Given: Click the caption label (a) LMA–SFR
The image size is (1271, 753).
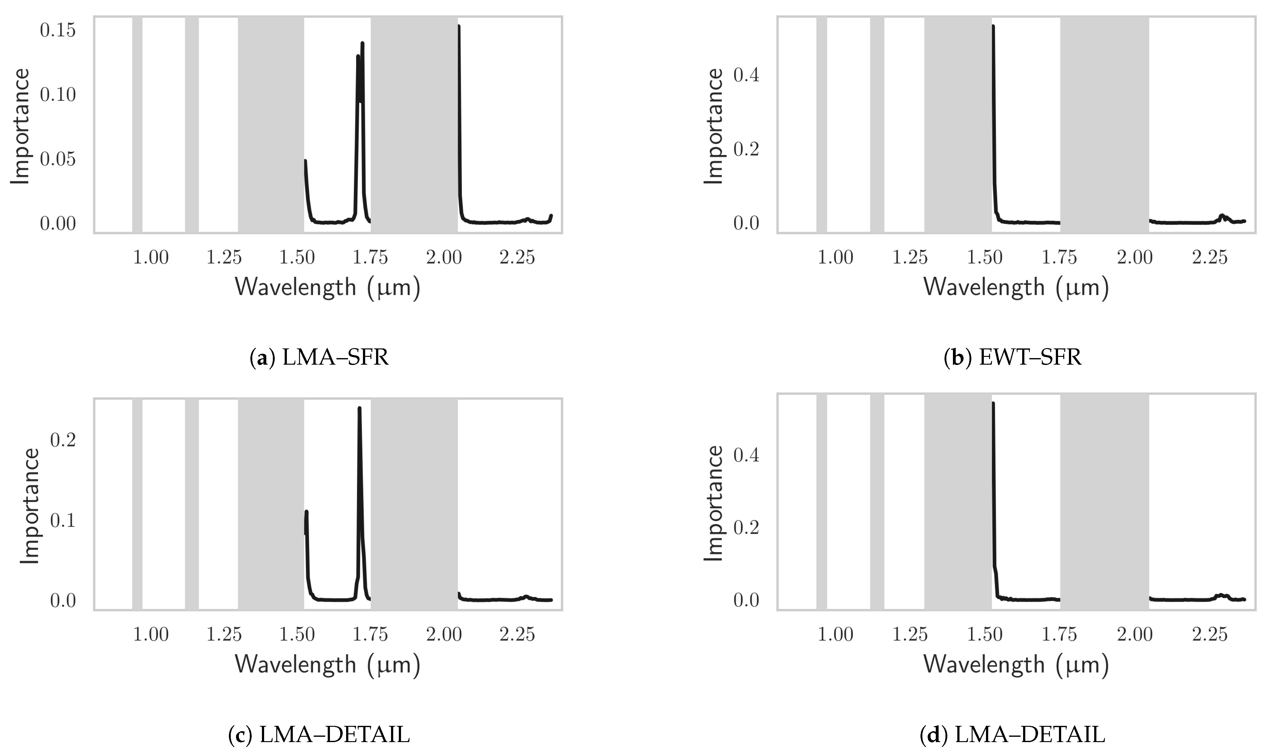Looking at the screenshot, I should (320, 358).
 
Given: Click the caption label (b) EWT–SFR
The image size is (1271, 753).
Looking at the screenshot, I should (1012, 358).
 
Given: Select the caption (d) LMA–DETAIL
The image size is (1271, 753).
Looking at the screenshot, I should (1012, 735).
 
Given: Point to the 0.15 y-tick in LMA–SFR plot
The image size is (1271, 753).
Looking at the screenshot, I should (57, 31).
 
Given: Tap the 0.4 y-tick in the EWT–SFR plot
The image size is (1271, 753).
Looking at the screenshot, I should (746, 75).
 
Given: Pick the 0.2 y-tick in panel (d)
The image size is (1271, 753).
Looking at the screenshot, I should (746, 528).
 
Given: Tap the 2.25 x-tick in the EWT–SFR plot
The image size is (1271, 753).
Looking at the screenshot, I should (1210, 258).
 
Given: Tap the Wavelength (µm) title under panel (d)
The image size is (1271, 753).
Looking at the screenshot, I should (1016, 665).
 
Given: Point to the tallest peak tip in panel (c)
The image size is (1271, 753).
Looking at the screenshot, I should (359, 408).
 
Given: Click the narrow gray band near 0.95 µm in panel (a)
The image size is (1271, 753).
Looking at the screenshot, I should (137, 124).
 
